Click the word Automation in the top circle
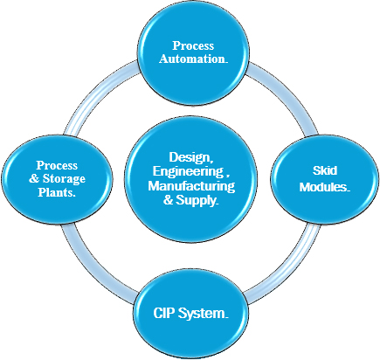pyautogui.click(x=191, y=59)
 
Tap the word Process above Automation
pyautogui.click(x=193, y=45)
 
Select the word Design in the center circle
pyautogui.click(x=190, y=157)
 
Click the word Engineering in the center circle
pyautogui.click(x=188, y=172)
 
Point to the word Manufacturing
pyautogui.click(x=191, y=186)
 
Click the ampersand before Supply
pyautogui.click(x=168, y=200)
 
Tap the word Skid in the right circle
pyautogui.click(x=325, y=170)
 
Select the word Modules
pyautogui.click(x=324, y=187)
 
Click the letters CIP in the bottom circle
pyautogui.click(x=164, y=313)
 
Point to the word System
pyautogui.click(x=202, y=314)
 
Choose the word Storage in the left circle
pyautogui.click(x=64, y=179)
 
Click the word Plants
pyautogui.click(x=57, y=192)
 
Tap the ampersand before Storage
pyautogui.click(x=34, y=179)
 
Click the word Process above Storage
pyautogui.click(x=57, y=165)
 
